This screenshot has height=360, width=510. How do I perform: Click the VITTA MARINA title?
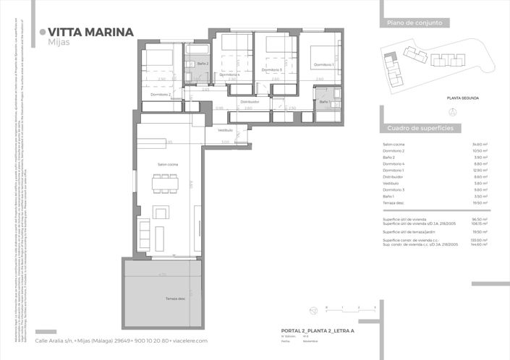[x=90, y=32]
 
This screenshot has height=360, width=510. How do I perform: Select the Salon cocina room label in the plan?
[x=168, y=165]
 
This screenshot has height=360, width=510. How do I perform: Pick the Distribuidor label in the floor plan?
[x=250, y=102]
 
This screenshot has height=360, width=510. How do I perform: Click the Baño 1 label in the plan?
[x=325, y=101]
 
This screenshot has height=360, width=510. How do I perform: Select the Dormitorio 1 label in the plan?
[x=323, y=65]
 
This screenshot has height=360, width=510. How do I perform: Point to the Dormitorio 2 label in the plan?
[x=160, y=95]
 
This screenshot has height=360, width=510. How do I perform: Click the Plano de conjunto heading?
[x=410, y=23]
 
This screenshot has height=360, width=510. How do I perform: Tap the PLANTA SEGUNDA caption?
[x=463, y=97]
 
